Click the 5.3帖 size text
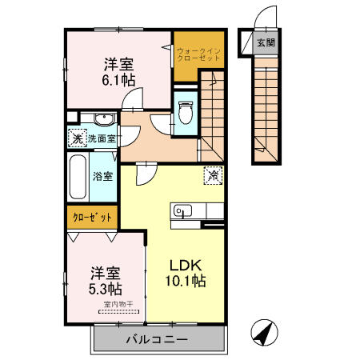click(104, 287)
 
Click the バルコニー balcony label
click(157, 339)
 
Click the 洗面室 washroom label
click(102, 138)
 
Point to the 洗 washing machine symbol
click(76, 138)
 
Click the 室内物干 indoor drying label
click(118, 304)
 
